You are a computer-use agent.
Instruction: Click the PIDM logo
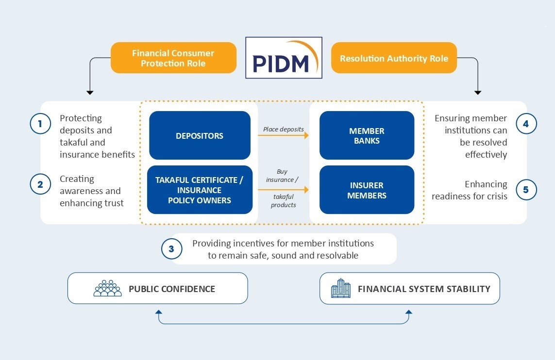pyautogui.click(x=284, y=58)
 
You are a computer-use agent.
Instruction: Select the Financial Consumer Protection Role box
pyautogui.click(x=173, y=58)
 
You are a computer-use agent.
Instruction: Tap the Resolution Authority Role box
pyautogui.click(x=394, y=58)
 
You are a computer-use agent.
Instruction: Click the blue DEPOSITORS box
pyautogui.click(x=200, y=136)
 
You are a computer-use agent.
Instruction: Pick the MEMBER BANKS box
pyautogui.click(x=367, y=136)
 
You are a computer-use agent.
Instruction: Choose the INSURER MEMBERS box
pyautogui.click(x=367, y=190)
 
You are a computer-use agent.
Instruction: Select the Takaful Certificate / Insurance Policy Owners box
pyautogui.click(x=200, y=190)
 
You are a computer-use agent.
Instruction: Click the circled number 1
pyautogui.click(x=40, y=124)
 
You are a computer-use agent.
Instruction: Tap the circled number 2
pyautogui.click(x=40, y=184)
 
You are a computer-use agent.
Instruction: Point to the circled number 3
pyautogui.click(x=171, y=249)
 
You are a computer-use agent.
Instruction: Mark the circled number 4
pyautogui.click(x=526, y=124)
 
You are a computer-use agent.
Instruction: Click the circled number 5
pyautogui.click(x=526, y=190)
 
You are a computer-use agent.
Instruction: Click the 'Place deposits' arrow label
pyautogui.click(x=283, y=129)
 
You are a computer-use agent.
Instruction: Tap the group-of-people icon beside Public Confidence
pyautogui.click(x=107, y=288)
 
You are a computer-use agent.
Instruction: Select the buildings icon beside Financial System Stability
pyautogui.click(x=340, y=288)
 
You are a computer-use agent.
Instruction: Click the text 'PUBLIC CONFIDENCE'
pyautogui.click(x=172, y=289)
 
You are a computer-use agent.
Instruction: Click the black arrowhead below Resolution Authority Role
pyautogui.click(x=478, y=92)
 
